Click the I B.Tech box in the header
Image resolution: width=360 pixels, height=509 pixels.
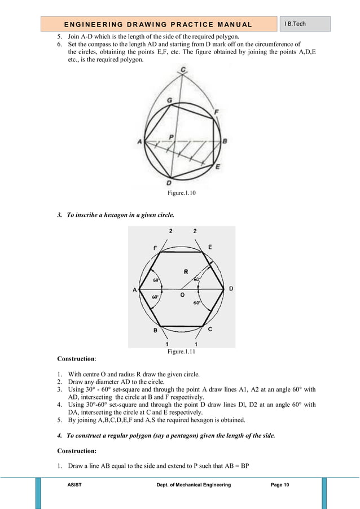(305, 24)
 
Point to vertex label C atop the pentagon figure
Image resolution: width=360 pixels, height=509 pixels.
(182, 70)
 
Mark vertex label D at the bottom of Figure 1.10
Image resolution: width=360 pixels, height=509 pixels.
(169, 183)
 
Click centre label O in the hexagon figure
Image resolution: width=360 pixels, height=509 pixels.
(182, 294)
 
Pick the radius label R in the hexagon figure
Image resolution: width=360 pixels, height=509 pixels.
(186, 271)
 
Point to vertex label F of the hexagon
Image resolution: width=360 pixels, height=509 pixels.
(155, 247)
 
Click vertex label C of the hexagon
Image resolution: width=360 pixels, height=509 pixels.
(210, 329)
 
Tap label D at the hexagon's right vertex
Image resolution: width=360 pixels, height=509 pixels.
(231, 288)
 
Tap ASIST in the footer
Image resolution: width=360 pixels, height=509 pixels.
(73, 485)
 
